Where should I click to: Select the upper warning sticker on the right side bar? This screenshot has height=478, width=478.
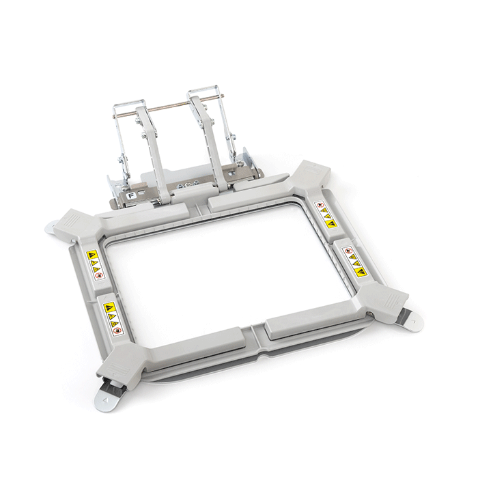point(324,213)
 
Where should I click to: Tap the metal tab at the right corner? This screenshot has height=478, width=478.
point(412,318)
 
